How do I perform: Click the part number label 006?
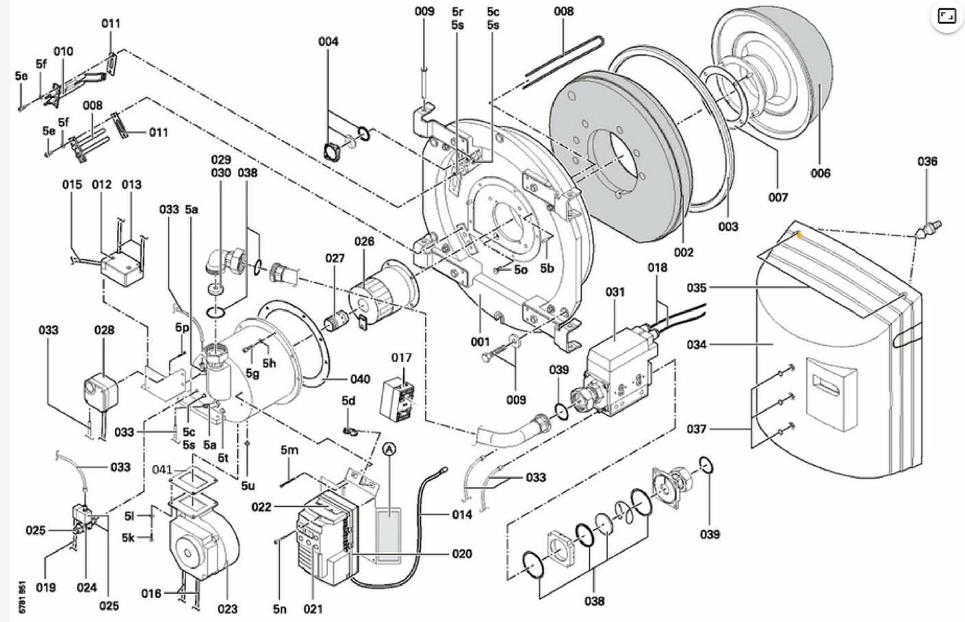(820, 173)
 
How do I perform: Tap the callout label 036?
(927, 162)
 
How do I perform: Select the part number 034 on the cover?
(697, 345)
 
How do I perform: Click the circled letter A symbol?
(389, 449)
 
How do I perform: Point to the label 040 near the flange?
(360, 379)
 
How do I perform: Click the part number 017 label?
(402, 358)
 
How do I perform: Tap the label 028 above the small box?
(104, 330)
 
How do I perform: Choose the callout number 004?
(329, 42)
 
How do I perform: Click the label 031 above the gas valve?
(615, 292)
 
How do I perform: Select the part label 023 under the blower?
(227, 608)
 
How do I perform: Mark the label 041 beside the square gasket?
(162, 470)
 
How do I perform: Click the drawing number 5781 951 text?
(23, 597)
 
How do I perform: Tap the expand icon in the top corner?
(947, 17)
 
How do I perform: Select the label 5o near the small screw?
(521, 269)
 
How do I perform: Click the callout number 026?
(364, 241)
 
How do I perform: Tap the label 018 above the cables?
(657, 267)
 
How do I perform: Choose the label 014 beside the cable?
(462, 514)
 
